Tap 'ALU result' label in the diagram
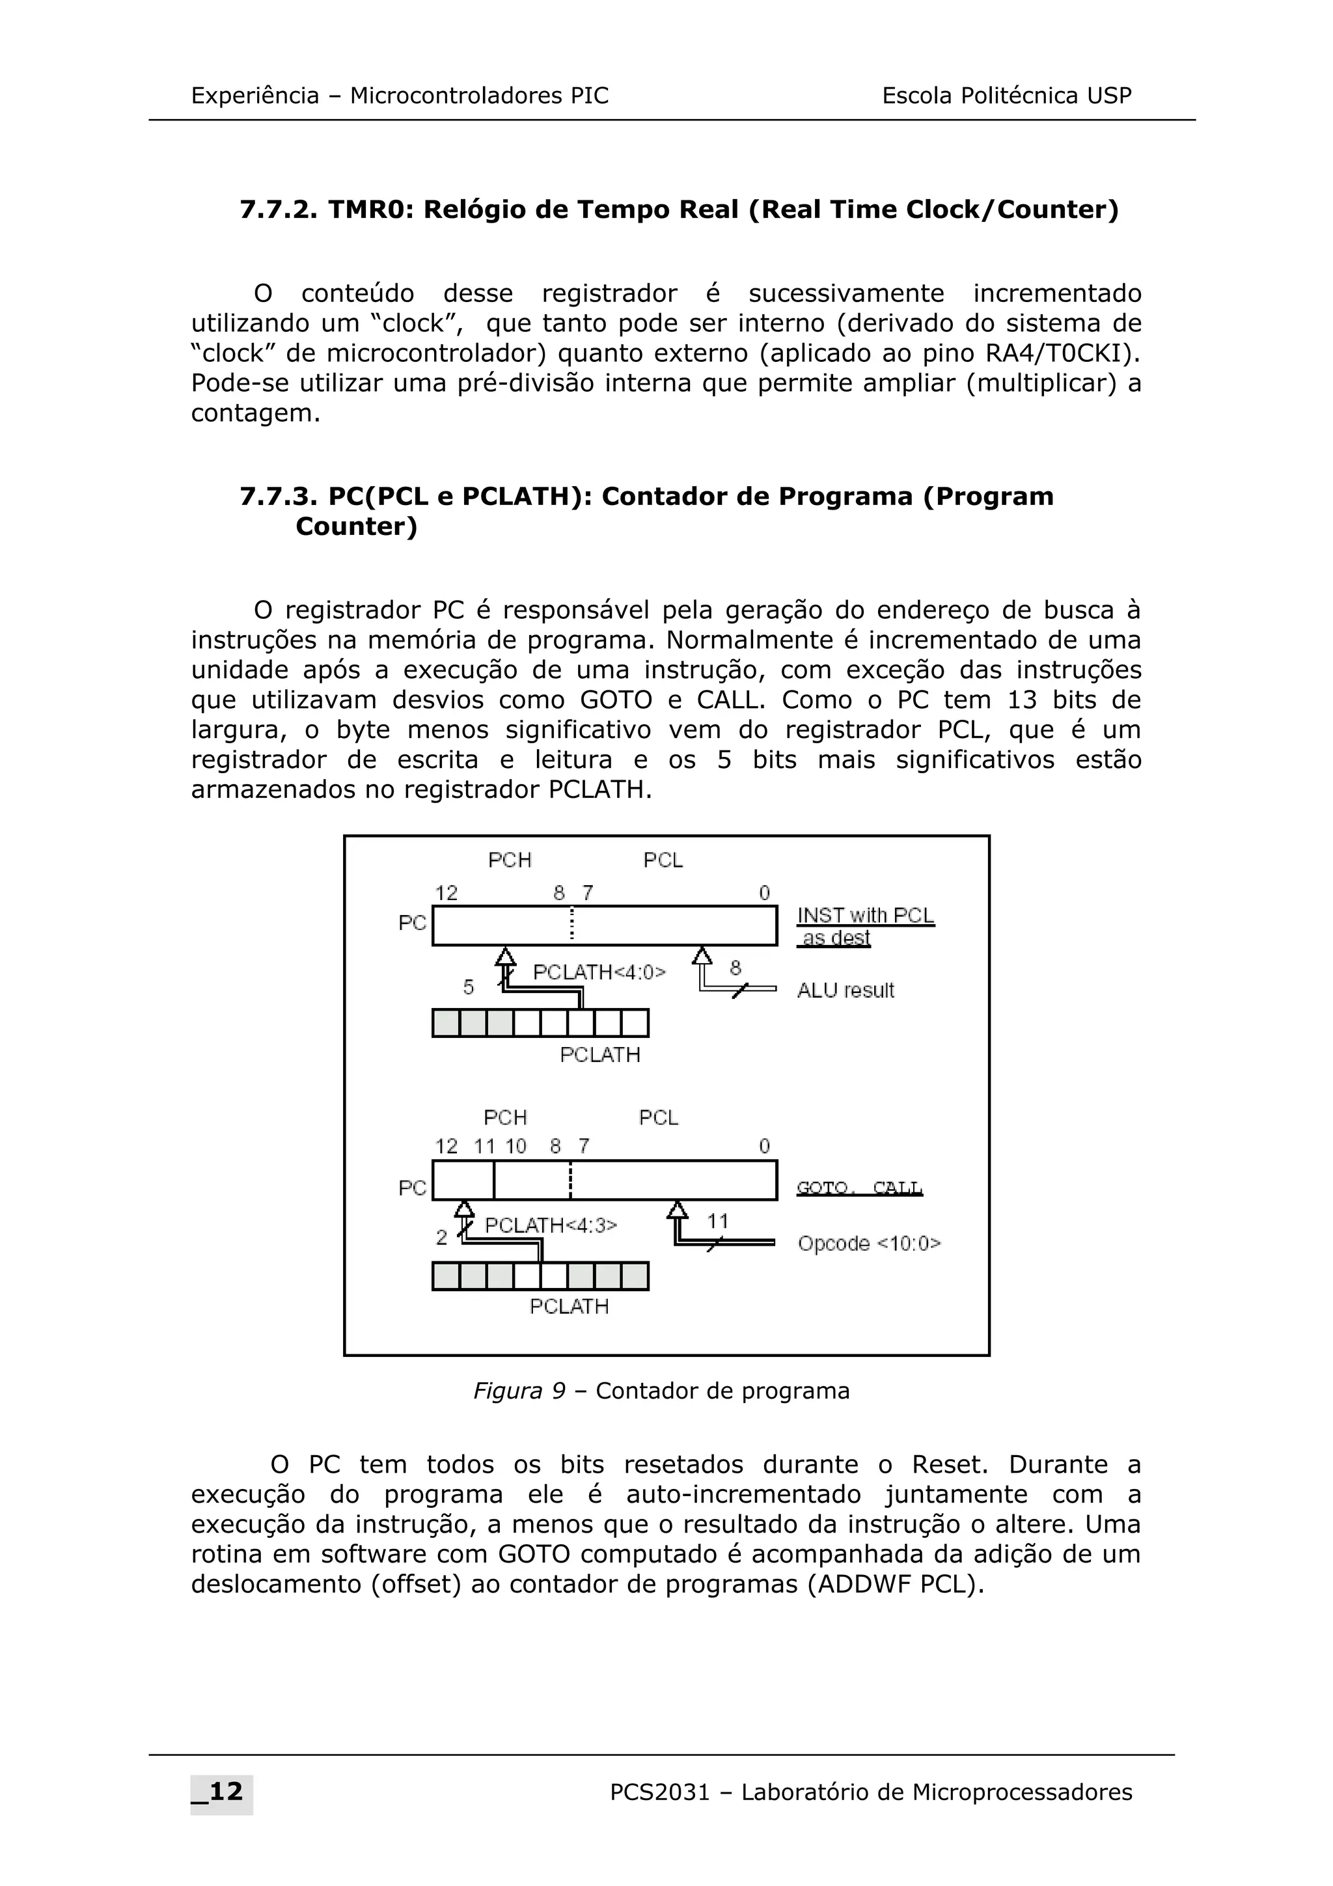[845, 991]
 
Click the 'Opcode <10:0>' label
[869, 1244]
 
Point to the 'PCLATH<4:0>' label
[599, 972]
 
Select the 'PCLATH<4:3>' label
[550, 1225]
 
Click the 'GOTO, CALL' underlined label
[859, 1188]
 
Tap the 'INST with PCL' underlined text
[866, 916]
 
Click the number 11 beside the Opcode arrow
[718, 1222]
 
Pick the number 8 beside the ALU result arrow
[735, 968]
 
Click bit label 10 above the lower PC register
[515, 1147]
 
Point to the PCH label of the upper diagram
[510, 860]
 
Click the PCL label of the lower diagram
[659, 1118]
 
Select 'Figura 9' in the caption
[519, 1391]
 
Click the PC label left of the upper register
[412, 923]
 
